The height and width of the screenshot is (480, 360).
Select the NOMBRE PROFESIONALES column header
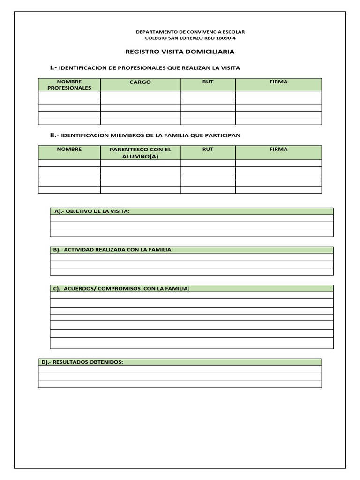pos(69,85)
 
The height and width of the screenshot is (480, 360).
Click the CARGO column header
pos(140,82)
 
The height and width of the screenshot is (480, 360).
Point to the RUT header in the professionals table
pos(208,82)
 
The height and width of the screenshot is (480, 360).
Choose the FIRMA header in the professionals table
pos(278,82)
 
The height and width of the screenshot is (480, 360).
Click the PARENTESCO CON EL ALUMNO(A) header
pos(140,153)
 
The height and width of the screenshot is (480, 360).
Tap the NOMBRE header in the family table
pos(69,149)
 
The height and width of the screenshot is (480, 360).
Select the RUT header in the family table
pos(208,149)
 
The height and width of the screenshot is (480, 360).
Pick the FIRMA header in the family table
pos(278,149)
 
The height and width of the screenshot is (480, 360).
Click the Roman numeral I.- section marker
pos(53,68)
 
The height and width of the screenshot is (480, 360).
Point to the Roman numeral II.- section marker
pos(54,135)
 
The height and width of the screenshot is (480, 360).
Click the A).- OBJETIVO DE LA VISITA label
pos(91,211)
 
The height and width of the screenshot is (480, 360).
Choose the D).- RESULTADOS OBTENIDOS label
pos(82,362)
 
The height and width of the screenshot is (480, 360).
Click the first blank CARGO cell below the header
pos(140,94)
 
